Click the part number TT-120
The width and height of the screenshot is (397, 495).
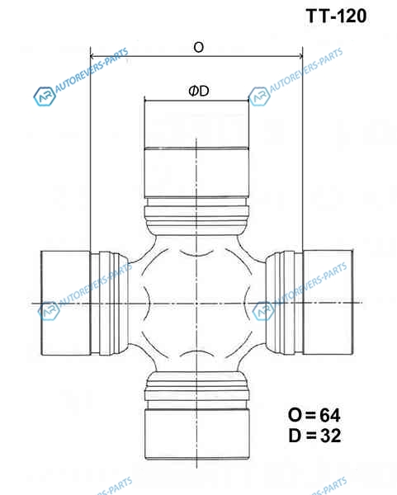(336, 16)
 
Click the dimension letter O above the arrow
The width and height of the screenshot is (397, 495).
(199, 47)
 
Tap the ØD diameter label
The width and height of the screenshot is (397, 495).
(199, 92)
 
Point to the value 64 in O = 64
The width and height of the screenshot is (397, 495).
(330, 415)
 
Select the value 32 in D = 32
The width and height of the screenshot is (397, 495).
(331, 436)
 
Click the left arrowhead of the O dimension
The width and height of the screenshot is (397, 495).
(92, 56)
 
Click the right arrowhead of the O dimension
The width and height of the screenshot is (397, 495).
(300, 56)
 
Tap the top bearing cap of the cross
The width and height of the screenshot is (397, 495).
(196, 149)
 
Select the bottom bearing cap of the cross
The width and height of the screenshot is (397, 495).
(196, 434)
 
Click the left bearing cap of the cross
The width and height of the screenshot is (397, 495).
(66, 303)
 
